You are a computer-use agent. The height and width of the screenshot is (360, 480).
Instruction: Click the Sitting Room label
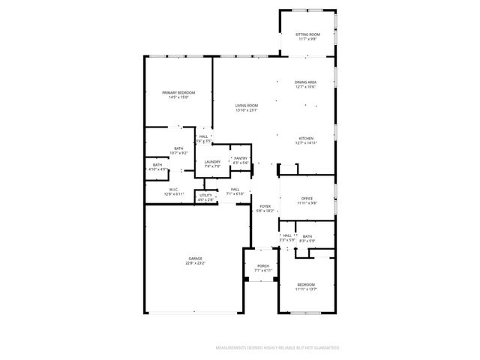(307, 34)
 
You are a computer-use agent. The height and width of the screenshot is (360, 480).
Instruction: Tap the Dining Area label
(305, 82)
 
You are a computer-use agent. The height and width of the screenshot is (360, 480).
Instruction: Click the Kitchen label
(306, 138)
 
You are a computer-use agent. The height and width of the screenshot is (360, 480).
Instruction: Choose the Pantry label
(240, 158)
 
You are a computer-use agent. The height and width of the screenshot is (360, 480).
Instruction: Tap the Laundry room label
(212, 161)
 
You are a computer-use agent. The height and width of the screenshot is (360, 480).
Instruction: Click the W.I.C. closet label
(173, 190)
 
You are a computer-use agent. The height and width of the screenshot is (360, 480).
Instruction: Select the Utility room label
(205, 195)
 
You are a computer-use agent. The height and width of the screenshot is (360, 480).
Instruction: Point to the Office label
(307, 198)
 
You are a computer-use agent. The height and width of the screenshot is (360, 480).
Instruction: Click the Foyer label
(265, 206)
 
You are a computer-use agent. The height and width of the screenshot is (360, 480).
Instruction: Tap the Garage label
(195, 258)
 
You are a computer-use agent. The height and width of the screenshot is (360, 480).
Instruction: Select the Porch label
(263, 265)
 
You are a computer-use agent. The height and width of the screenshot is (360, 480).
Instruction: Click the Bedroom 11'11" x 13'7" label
(306, 284)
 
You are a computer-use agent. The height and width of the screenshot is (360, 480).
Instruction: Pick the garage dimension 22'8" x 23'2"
(195, 263)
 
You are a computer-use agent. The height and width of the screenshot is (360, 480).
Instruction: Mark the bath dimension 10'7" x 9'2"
(178, 153)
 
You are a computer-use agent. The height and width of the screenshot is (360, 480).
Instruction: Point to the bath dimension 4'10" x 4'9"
(157, 169)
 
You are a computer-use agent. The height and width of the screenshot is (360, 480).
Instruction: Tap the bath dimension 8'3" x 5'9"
(307, 241)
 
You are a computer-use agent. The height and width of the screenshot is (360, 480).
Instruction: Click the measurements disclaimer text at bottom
(277, 348)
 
